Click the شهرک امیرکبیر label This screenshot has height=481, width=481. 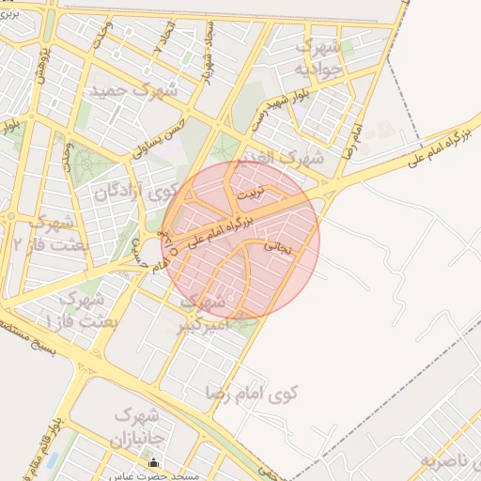202,314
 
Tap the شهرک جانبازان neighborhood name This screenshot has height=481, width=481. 139,427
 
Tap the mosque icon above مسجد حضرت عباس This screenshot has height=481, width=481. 154,463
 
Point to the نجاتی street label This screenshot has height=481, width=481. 278,246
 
